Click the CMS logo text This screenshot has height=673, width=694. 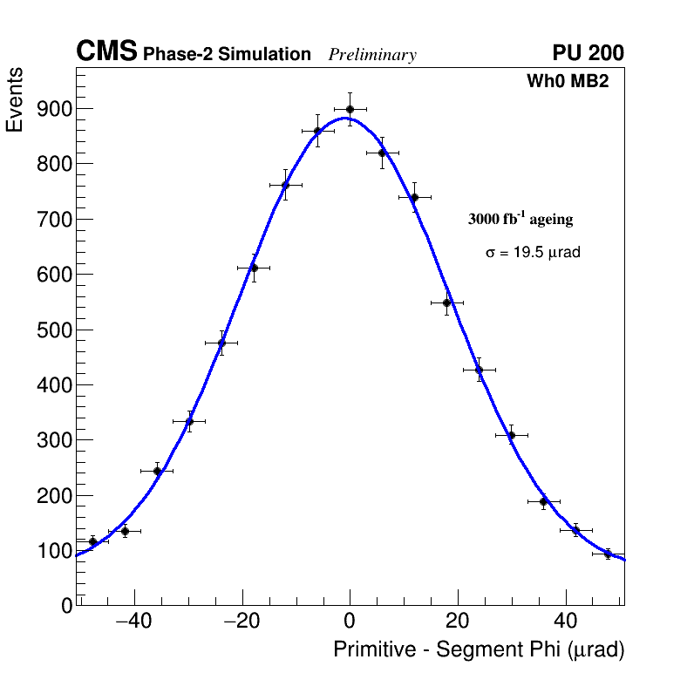pyautogui.click(x=106, y=52)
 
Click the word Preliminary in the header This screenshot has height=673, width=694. pyautogui.click(x=372, y=55)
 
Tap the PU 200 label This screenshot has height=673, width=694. pyautogui.click(x=588, y=53)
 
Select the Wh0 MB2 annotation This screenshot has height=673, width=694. pyautogui.click(x=567, y=81)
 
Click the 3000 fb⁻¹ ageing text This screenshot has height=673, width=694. pyautogui.click(x=520, y=219)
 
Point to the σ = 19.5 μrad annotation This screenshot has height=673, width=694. pyautogui.click(x=533, y=252)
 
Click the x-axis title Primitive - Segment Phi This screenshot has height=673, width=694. pyautogui.click(x=479, y=649)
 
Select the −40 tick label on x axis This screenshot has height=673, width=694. pyautogui.click(x=133, y=622)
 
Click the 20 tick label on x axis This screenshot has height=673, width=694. pyautogui.click(x=457, y=622)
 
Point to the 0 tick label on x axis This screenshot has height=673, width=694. pyautogui.click(x=350, y=622)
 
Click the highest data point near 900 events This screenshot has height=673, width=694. pyautogui.click(x=350, y=110)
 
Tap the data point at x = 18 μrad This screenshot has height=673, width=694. pyautogui.click(x=446, y=303)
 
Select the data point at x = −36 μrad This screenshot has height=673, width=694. pyautogui.click(x=157, y=471)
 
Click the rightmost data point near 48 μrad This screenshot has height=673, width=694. pyautogui.click(x=608, y=554)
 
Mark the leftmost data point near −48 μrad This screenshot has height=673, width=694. pyautogui.click(x=92, y=541)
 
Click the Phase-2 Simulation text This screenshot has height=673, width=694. pyautogui.click(x=227, y=55)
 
